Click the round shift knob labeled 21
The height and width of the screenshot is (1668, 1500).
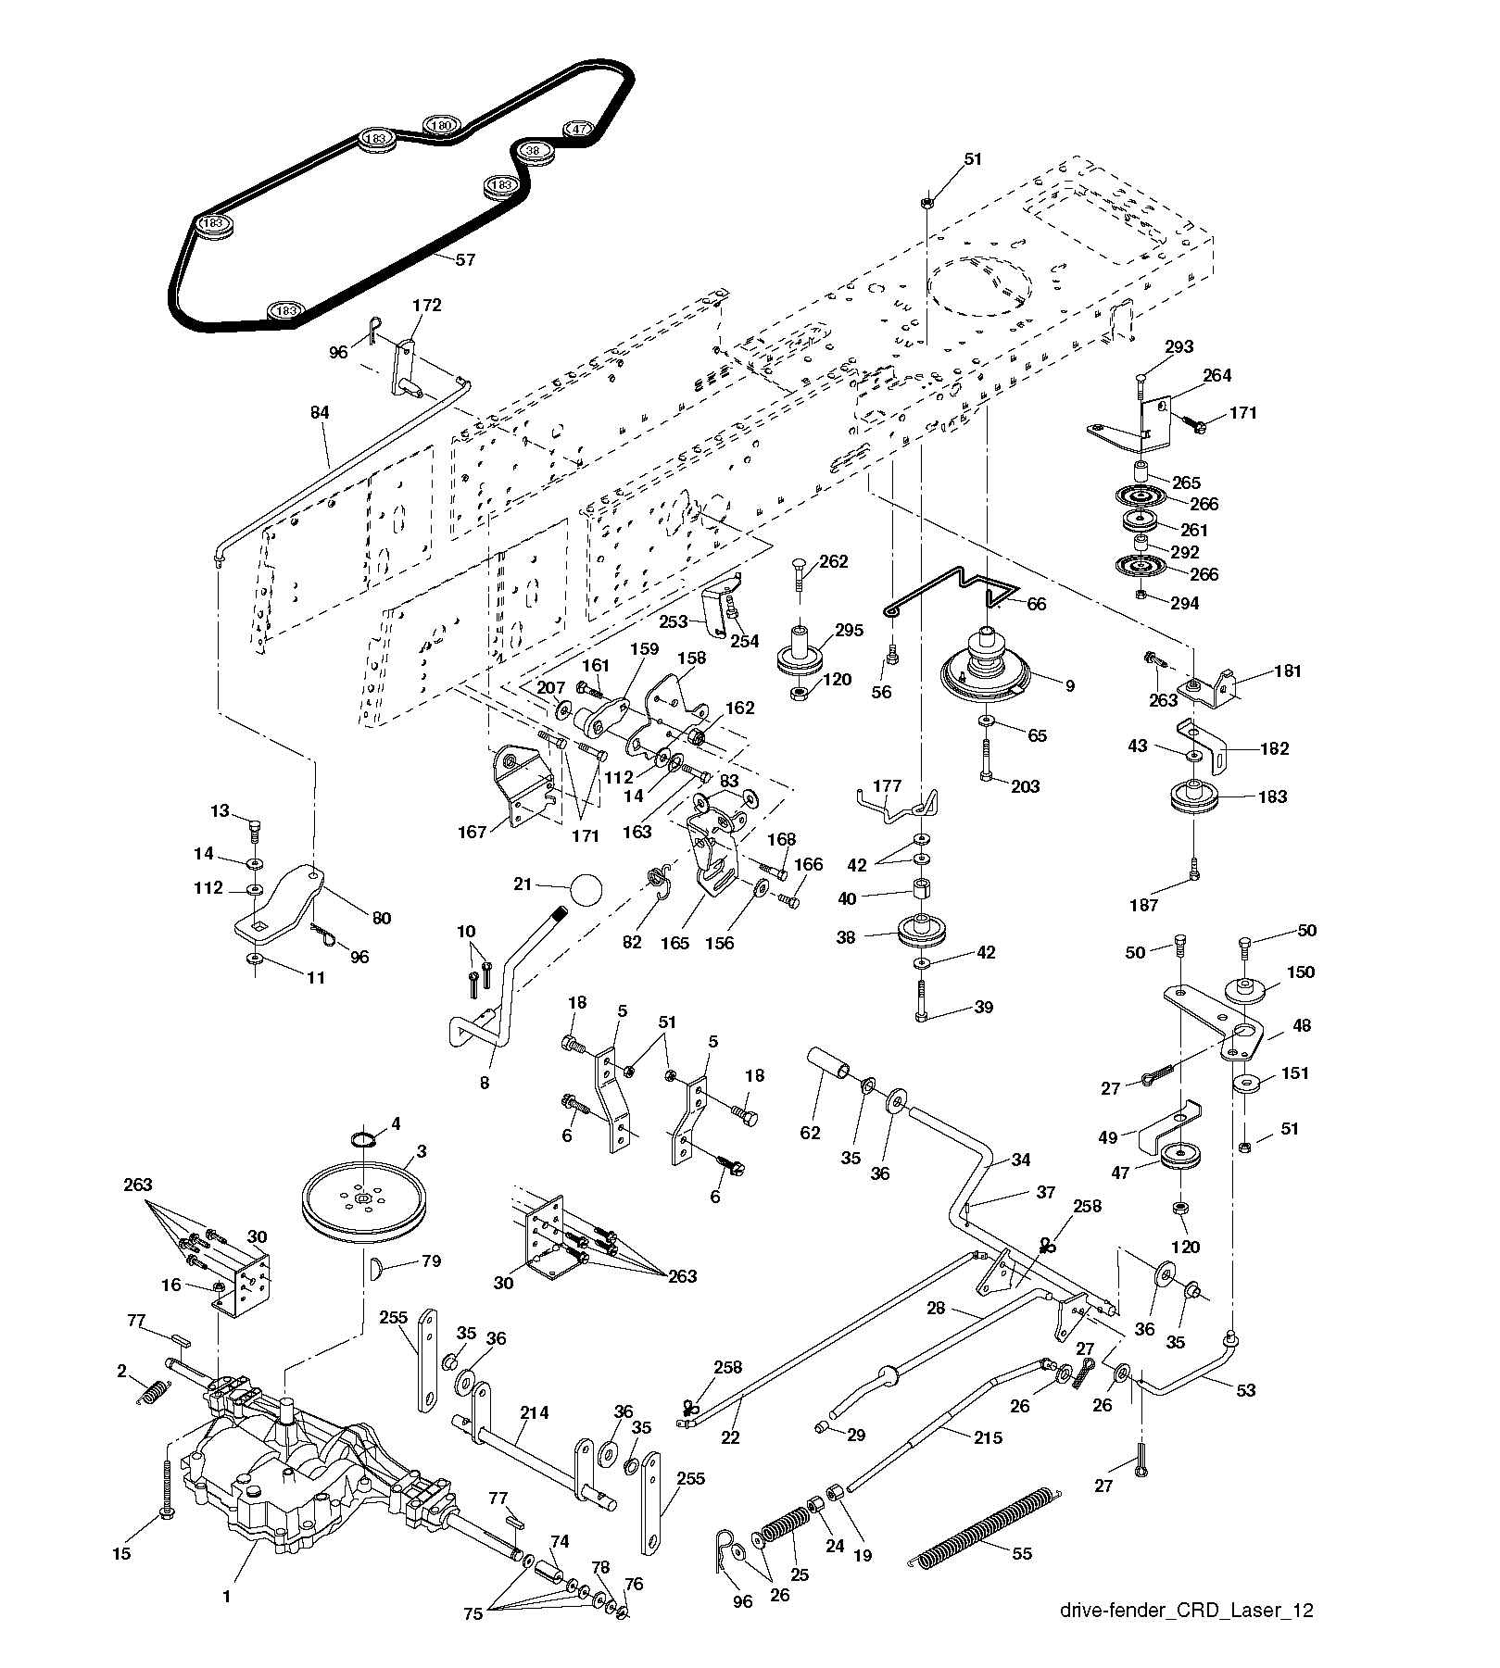[x=586, y=890]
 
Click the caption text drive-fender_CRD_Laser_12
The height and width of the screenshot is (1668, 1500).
[x=1187, y=1611]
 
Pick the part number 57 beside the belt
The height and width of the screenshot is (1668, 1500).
[x=465, y=260]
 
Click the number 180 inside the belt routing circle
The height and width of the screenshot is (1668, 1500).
[x=442, y=125]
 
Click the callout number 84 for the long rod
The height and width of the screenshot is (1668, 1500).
[x=320, y=412]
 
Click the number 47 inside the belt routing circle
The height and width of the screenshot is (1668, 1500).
[x=581, y=130]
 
